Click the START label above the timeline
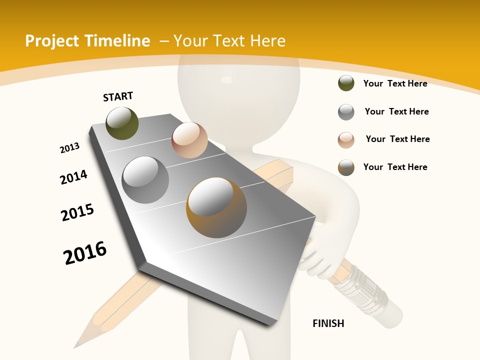click(x=118, y=96)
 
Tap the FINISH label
click(x=328, y=323)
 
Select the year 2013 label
click(x=69, y=148)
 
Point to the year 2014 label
click(x=73, y=177)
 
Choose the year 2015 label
click(x=77, y=212)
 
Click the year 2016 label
click(x=85, y=252)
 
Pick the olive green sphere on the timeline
click(x=122, y=123)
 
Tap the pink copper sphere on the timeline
click(x=189, y=140)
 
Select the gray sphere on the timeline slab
click(x=145, y=180)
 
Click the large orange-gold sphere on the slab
click(x=216, y=207)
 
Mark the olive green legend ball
click(x=346, y=83)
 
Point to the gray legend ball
click(x=346, y=112)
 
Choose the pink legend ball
click(x=346, y=140)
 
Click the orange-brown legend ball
click(x=346, y=167)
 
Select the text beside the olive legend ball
click(x=395, y=83)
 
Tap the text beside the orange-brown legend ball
click(x=395, y=167)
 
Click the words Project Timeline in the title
click(x=87, y=41)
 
